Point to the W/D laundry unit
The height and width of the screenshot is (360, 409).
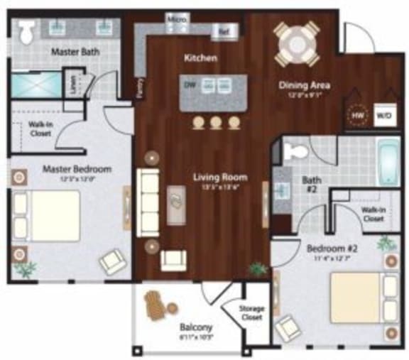383,113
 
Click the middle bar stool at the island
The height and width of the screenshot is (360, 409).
215,124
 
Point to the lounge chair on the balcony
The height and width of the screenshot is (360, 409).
158,306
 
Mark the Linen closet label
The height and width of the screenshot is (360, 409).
71,84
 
